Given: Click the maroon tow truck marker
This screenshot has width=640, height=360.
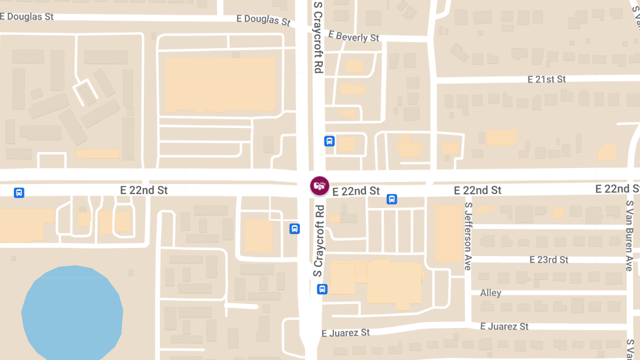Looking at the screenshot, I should point(319,186).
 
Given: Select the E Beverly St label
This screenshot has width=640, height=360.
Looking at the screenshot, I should point(354,36).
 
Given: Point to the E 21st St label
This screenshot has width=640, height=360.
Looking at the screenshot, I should point(547,79).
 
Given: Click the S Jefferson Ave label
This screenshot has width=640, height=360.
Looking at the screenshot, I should point(468,236).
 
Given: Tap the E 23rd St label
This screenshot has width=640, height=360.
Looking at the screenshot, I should point(549,260).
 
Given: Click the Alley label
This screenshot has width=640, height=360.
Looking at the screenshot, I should point(491,293).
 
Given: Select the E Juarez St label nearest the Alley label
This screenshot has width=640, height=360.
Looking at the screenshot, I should point(504,326).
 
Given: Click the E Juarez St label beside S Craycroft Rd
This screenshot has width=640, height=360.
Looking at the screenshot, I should point(346,333).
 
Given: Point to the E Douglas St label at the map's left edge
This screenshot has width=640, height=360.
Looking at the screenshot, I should point(27,17).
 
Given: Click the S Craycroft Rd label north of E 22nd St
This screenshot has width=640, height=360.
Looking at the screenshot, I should point(318,37).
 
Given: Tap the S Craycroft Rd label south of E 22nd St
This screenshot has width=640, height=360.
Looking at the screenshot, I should point(318,241).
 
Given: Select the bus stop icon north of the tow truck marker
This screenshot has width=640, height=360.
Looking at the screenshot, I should point(329,141).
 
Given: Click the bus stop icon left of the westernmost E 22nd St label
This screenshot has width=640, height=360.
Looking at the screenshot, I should point(19,192).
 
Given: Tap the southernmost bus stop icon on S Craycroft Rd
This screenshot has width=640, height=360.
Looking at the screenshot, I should point(322,289).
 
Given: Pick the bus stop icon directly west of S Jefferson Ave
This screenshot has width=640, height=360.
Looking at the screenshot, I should point(391,199).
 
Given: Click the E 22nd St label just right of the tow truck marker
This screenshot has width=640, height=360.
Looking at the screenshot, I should point(356,191).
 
